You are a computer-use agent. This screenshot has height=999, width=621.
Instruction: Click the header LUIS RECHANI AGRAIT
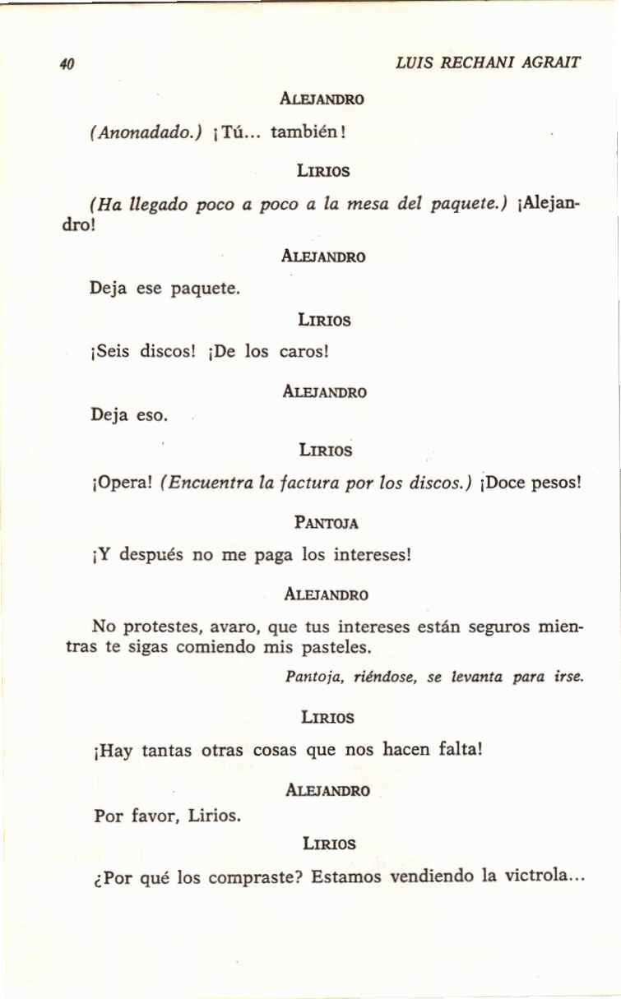tap(488, 62)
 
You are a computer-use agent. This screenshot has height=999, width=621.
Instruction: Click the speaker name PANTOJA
tap(326, 522)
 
